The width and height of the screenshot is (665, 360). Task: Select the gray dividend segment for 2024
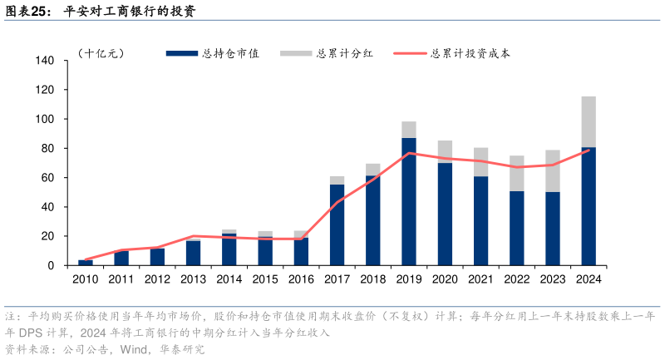tap(588, 121)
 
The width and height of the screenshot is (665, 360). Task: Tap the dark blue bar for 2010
tap(85, 263)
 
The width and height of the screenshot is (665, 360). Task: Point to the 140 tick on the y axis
tap(46, 61)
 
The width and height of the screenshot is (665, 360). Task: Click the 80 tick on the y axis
tap(49, 149)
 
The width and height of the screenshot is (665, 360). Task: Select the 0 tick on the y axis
tap(52, 265)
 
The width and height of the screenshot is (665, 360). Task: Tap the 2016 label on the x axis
tap(301, 279)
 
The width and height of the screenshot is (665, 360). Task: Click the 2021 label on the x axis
tap(480, 279)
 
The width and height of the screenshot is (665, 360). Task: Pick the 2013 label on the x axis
tap(193, 279)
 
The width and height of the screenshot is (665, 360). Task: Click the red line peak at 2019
tap(409, 154)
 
